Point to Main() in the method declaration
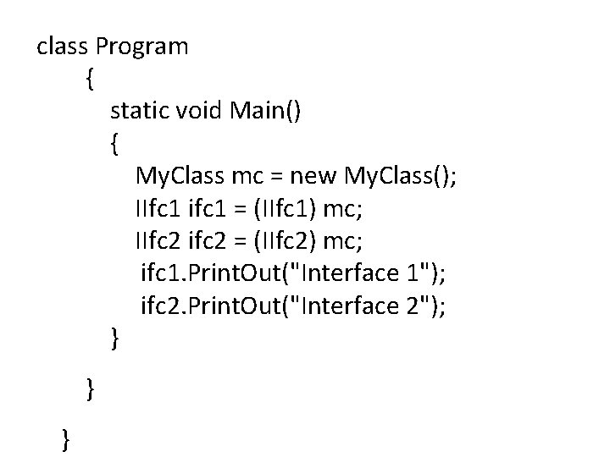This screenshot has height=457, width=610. (264, 111)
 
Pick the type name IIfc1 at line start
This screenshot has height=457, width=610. (158, 208)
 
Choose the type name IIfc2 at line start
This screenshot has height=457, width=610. (158, 240)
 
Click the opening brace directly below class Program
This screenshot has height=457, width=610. (91, 80)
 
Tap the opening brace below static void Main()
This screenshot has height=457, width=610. (114, 144)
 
